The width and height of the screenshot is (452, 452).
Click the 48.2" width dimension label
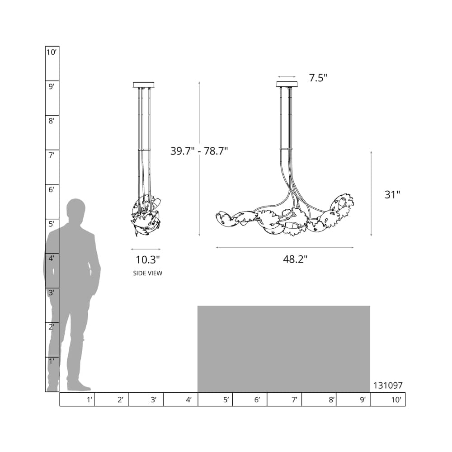295,259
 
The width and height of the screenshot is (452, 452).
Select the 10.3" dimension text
148,260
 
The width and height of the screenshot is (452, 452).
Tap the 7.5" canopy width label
318,78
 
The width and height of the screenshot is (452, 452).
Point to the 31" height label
392,194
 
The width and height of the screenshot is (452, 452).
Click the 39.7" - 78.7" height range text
199,151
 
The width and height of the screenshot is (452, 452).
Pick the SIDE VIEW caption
148,273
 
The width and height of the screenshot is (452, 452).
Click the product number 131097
388,386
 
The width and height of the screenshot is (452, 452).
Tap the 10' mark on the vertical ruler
52,52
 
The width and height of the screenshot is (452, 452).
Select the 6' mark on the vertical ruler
52,190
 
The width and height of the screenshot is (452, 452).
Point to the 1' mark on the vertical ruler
52,361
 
